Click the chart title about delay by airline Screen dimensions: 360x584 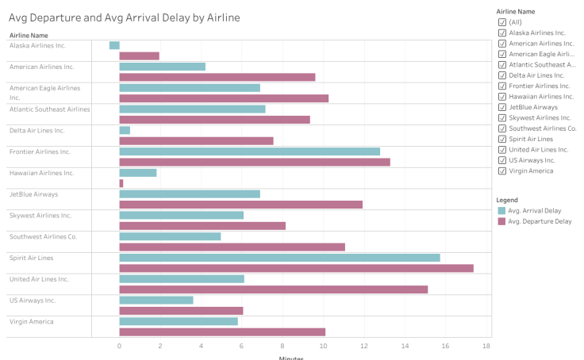(x=124, y=17)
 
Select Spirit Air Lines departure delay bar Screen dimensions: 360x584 (x=296, y=268)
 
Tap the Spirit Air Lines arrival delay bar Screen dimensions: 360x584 (x=279, y=258)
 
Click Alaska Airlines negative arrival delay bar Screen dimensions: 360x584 (x=114, y=45)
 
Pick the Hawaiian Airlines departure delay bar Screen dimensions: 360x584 (x=121, y=183)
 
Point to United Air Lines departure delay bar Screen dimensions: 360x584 (x=273, y=289)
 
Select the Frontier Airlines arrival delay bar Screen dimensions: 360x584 (x=249, y=151)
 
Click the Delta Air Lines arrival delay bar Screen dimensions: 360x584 (x=125, y=130)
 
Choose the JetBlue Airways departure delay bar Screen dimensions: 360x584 (x=240, y=205)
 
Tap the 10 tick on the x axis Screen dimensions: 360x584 (x=323, y=346)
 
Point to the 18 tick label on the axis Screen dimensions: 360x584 (x=486, y=346)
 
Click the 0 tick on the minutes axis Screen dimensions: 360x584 (x=119, y=346)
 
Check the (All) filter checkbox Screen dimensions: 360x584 (x=501, y=22)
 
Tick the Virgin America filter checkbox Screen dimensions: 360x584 (x=501, y=170)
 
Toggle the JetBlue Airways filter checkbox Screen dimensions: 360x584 (x=501, y=106)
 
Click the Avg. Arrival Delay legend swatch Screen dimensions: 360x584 (x=501, y=211)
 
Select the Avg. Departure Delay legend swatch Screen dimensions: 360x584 (x=501, y=221)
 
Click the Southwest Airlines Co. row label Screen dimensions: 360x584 (x=43, y=236)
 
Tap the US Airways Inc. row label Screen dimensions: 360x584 (x=33, y=301)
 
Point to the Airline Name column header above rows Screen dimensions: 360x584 (x=29, y=35)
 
